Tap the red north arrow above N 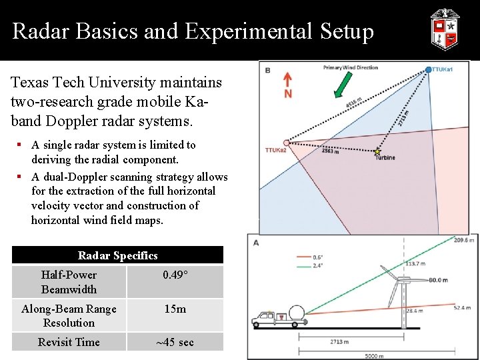pyautogui.click(x=287, y=79)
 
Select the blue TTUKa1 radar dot pyautogui.click(x=429, y=69)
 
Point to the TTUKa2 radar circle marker pyautogui.click(x=286, y=143)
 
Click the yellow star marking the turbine pyautogui.click(x=377, y=152)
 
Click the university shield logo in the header pyautogui.click(x=444, y=29)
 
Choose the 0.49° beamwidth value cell pyautogui.click(x=175, y=275)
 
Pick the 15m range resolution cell pyautogui.click(x=175, y=309)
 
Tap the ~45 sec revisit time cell pyautogui.click(x=175, y=343)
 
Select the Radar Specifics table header pyautogui.click(x=117, y=255)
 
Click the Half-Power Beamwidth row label pyautogui.click(x=69, y=282)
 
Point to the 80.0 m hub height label pyautogui.click(x=437, y=280)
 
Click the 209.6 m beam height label pyautogui.click(x=464, y=240)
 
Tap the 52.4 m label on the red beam pyautogui.click(x=464, y=308)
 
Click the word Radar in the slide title pyautogui.click(x=39, y=31)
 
